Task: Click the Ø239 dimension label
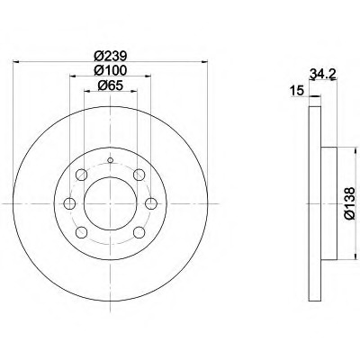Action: (x=111, y=56)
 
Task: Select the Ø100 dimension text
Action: (x=111, y=70)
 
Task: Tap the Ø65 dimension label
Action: (x=111, y=85)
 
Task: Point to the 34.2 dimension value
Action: (x=322, y=74)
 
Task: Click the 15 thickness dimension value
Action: (x=298, y=91)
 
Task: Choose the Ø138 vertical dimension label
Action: (x=350, y=203)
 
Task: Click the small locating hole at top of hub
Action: (x=111, y=160)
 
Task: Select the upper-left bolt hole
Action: (x=82, y=175)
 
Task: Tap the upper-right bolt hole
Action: (x=139, y=175)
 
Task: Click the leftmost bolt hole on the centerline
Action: (x=69, y=203)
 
